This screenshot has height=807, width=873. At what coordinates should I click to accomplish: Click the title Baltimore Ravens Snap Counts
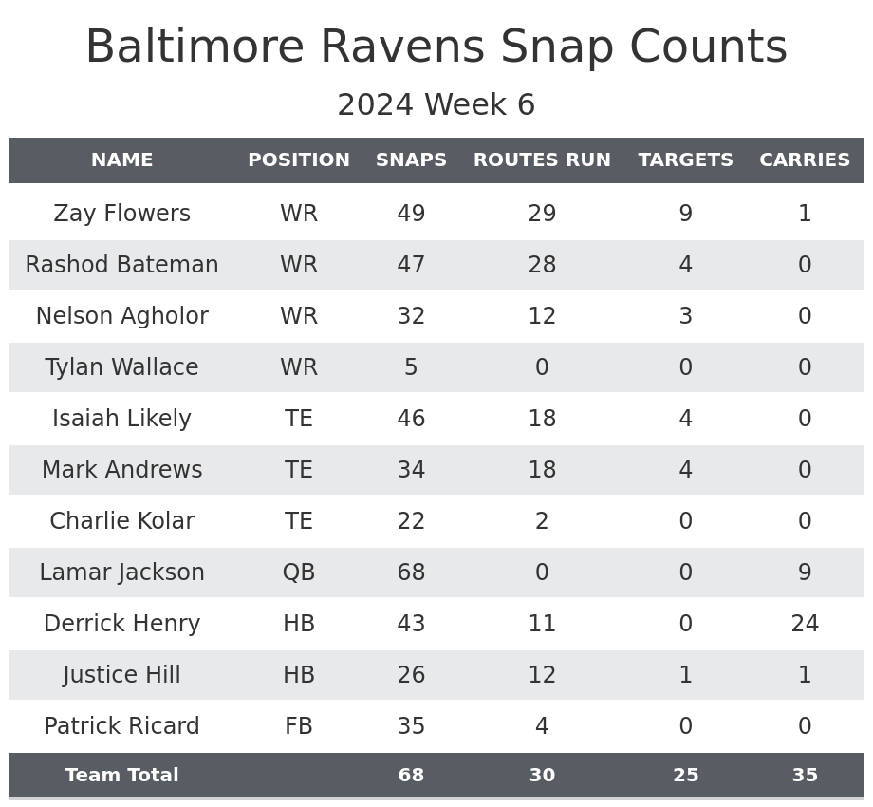436,47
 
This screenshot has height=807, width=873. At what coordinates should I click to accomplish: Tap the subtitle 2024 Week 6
436,105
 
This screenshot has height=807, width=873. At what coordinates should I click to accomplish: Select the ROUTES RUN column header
542,160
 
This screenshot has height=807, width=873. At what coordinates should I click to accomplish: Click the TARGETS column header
685,160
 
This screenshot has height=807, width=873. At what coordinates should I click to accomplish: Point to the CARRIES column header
805,160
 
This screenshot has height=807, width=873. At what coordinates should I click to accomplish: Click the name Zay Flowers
121,214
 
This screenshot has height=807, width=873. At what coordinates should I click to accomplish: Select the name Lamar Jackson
121,572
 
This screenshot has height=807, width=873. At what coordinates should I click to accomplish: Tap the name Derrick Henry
121,624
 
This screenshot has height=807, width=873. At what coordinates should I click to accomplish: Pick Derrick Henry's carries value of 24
805,624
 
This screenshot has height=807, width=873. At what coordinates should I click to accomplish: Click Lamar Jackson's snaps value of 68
411,572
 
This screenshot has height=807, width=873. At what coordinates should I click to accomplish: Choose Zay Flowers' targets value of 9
685,214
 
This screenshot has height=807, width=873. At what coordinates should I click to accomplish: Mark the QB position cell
299,572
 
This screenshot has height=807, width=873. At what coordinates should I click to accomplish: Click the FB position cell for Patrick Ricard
299,726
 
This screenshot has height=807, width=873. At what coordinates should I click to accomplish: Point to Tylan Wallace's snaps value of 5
411,367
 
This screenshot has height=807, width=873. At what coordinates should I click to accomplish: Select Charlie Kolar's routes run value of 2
542,521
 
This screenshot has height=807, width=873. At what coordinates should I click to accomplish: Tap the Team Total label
121,776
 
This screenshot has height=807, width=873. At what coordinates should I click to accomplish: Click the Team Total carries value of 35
805,776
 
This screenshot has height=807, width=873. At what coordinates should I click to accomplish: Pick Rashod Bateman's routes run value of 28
542,265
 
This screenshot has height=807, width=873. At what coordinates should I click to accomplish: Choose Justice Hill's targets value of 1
685,675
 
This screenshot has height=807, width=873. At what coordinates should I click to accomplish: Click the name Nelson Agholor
121,316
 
